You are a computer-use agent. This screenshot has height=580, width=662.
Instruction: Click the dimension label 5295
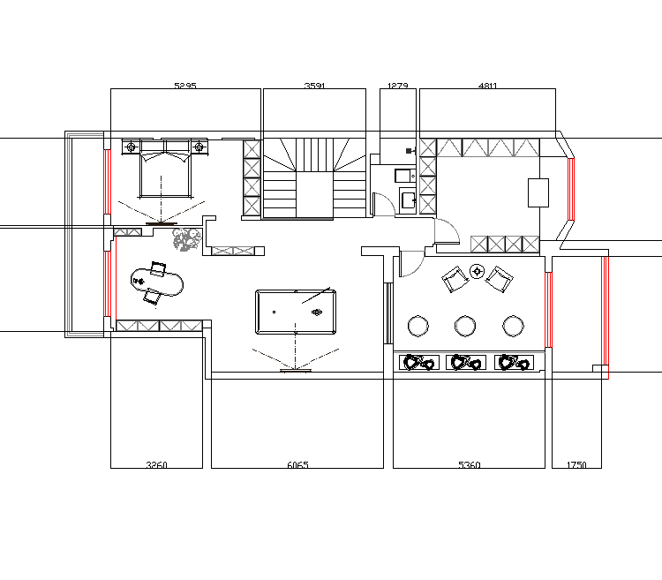click(x=185, y=86)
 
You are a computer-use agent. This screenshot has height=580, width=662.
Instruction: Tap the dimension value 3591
click(x=314, y=86)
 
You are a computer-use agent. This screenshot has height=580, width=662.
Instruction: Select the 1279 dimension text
click(x=398, y=86)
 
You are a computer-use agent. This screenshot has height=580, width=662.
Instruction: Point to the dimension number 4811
click(x=487, y=86)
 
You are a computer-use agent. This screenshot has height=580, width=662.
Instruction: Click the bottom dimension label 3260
click(x=156, y=464)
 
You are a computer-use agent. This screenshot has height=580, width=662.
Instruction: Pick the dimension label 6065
click(x=297, y=464)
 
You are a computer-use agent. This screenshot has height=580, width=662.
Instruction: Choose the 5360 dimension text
click(x=469, y=464)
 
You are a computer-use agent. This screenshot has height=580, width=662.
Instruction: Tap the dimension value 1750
click(x=576, y=464)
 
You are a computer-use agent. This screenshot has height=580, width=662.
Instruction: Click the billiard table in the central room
click(x=296, y=312)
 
